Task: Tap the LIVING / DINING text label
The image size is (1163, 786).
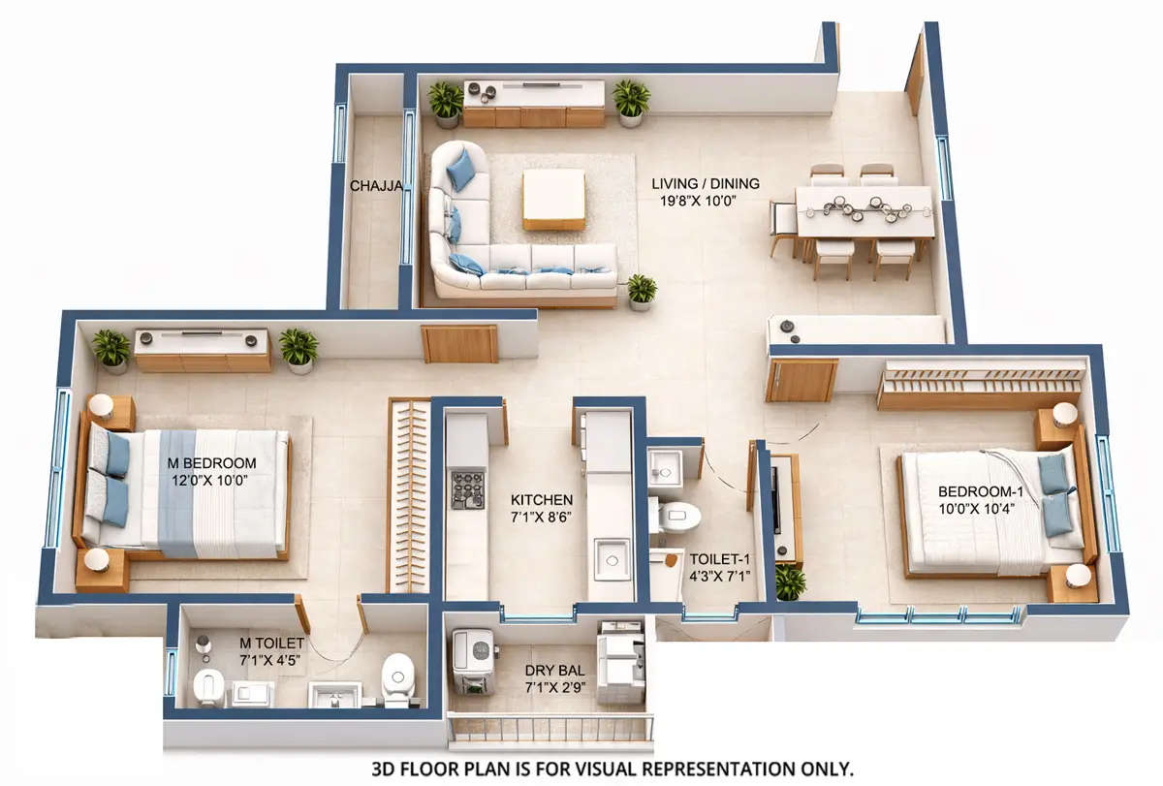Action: [x=705, y=183]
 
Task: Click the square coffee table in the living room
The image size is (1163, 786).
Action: [x=553, y=198]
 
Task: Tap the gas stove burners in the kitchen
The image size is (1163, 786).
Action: [x=467, y=489]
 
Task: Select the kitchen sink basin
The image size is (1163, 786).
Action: [x=612, y=559]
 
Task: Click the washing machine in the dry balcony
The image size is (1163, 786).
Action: [x=473, y=658]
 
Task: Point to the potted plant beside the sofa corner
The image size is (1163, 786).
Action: [x=641, y=290]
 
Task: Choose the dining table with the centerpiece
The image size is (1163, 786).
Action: [x=864, y=210]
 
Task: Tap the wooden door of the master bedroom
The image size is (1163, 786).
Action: [x=459, y=343]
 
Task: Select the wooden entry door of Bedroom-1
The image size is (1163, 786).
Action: [x=802, y=380]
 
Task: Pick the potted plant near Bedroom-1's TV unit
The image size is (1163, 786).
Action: [x=790, y=582]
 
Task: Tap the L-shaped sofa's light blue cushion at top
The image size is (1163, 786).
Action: [x=461, y=169]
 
